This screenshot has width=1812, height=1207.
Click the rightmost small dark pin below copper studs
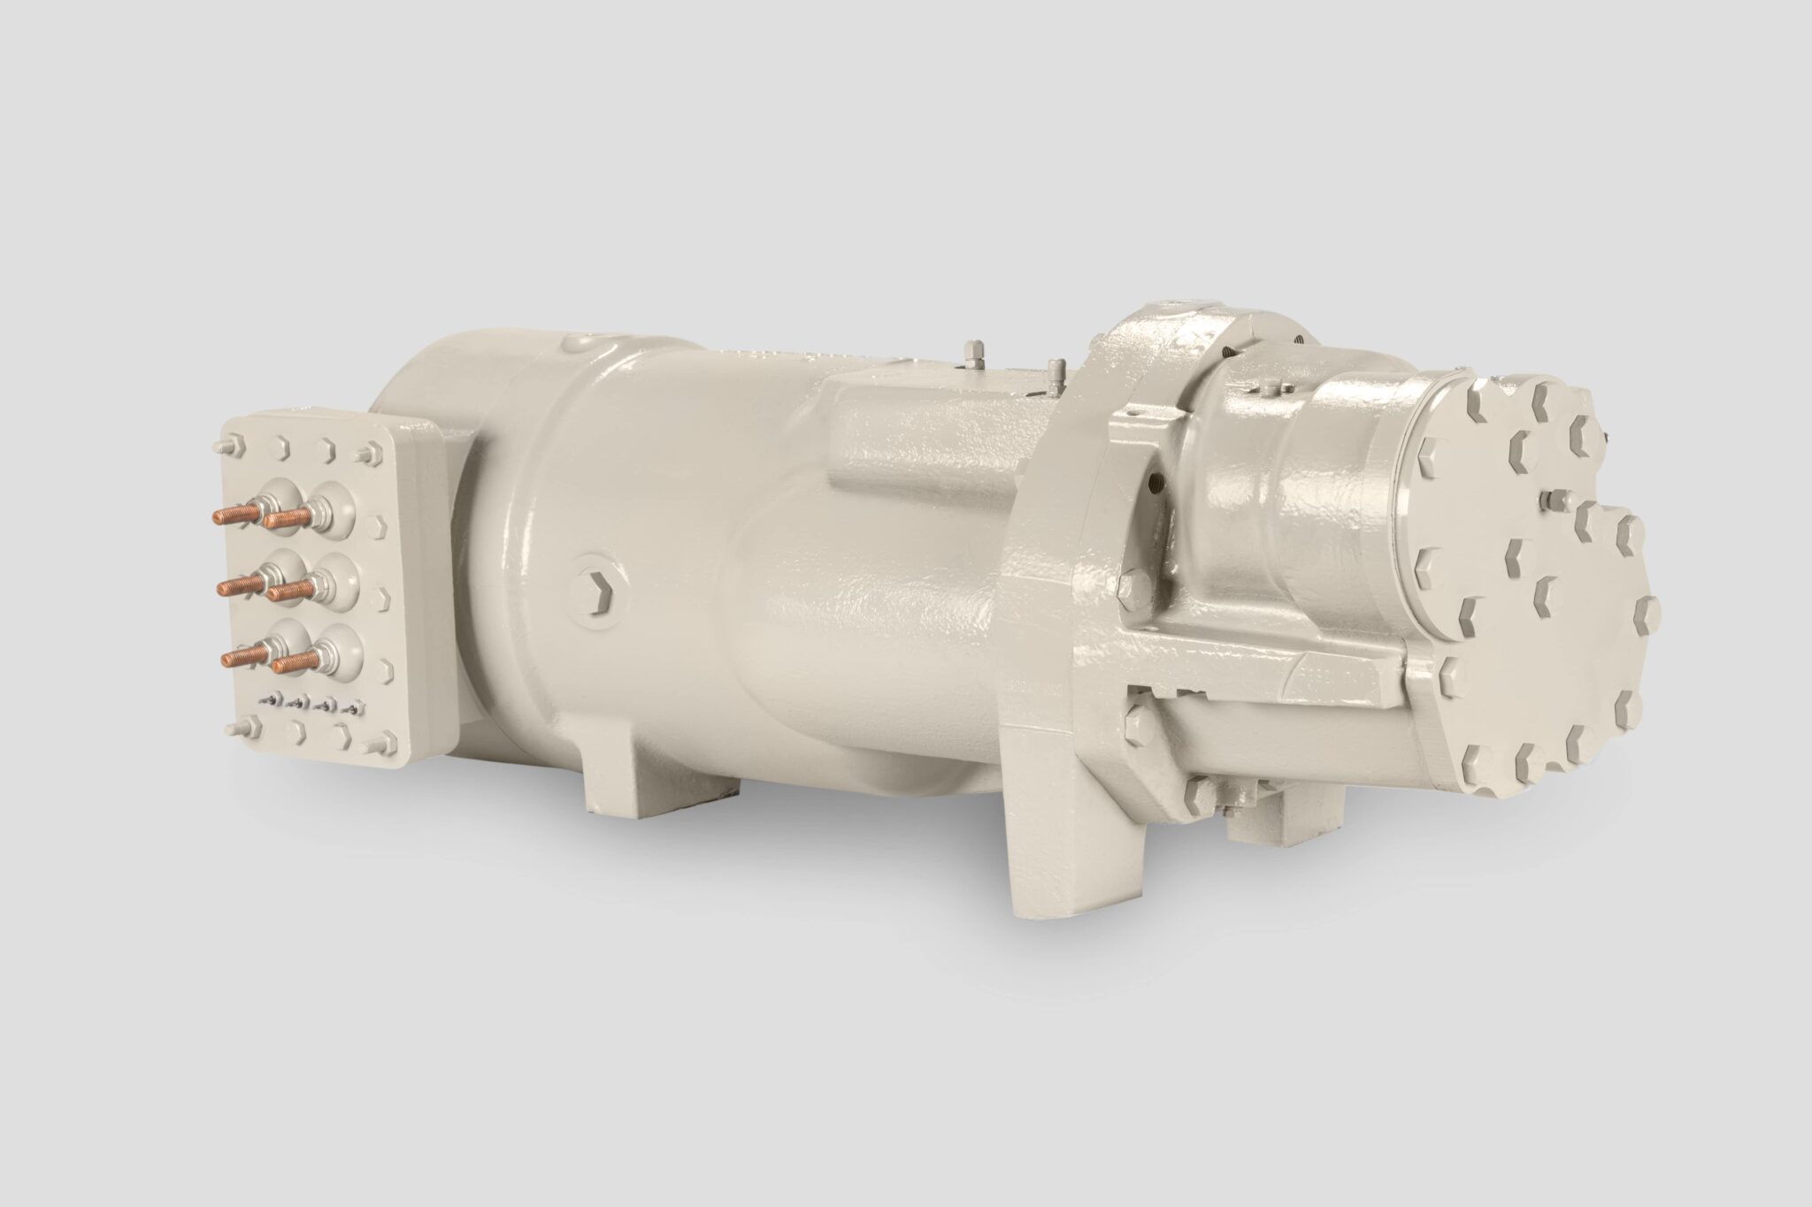point(356,707)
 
